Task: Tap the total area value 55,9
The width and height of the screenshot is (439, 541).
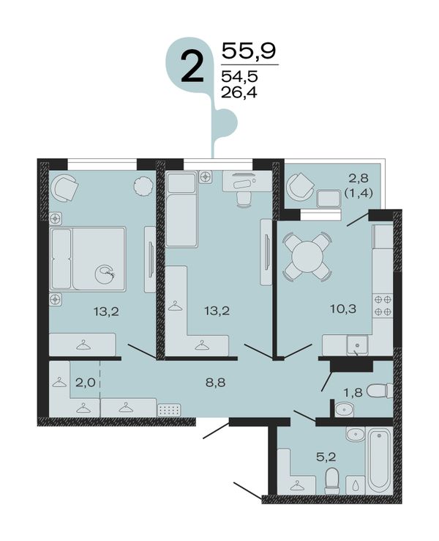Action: click(249, 51)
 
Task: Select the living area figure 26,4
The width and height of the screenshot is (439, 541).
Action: click(239, 92)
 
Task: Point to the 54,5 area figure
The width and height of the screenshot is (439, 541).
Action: click(239, 76)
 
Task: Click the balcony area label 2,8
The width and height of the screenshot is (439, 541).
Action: click(359, 178)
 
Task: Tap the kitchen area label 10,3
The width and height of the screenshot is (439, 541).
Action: click(342, 309)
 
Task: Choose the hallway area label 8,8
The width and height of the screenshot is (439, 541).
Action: click(216, 382)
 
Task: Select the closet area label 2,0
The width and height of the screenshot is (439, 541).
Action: click(85, 382)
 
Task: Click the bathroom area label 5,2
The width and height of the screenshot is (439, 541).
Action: click(326, 457)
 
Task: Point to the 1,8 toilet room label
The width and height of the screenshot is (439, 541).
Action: click(353, 392)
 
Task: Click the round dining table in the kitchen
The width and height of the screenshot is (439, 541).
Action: click(307, 256)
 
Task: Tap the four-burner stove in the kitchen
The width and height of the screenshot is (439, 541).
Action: click(383, 306)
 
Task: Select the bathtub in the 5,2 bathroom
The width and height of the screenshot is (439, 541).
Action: click(379, 460)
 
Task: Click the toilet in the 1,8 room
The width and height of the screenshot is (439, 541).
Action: click(380, 391)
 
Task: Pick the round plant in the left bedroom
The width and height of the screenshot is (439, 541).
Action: click(143, 186)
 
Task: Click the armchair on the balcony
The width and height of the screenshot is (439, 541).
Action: click(299, 187)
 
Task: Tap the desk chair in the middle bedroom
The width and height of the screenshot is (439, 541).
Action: click(244, 199)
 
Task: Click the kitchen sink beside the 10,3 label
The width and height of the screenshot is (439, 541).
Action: click(358, 345)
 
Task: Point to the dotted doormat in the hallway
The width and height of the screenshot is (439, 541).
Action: click(169, 410)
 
